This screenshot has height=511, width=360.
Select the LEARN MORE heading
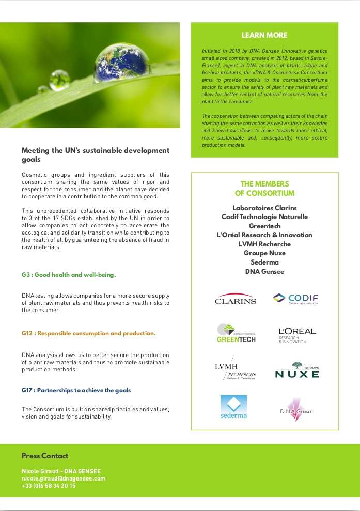264,36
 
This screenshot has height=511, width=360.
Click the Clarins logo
236,299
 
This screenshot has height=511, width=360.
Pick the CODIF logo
295,299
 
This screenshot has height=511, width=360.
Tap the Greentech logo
236,333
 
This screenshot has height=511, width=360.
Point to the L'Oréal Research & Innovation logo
297,335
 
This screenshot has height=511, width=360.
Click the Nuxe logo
297,370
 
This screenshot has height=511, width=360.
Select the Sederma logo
233,407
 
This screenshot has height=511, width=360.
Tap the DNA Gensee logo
296,409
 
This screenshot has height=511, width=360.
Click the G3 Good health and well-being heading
69,275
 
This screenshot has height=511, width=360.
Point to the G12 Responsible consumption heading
88,333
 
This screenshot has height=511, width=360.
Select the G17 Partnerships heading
76,390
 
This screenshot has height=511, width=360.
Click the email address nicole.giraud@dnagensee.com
64,478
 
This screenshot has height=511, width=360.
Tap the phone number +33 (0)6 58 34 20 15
49,486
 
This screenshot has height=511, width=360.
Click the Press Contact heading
45,456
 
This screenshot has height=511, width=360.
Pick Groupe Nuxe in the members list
264,253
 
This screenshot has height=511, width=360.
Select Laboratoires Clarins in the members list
264,208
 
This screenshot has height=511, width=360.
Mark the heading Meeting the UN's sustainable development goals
96,155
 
